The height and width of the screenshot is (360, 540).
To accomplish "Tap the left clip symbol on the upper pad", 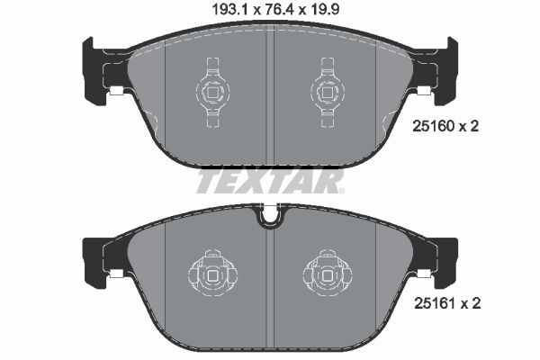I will pyautogui.click(x=212, y=90).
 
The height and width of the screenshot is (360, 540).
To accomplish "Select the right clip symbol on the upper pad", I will pyautogui.click(x=328, y=90).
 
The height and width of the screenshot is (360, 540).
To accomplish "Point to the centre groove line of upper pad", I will pyautogui.click(x=270, y=99).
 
